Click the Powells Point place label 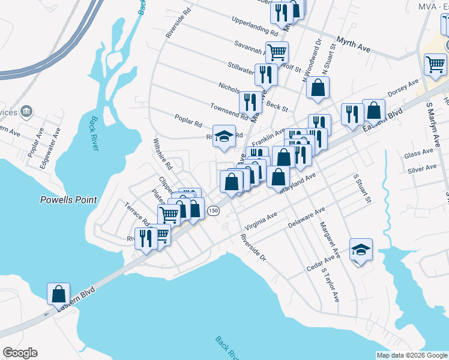[68, 200]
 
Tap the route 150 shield [212, 211]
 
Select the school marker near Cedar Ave [361, 249]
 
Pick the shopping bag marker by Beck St [318, 88]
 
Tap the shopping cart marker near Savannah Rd [277, 53]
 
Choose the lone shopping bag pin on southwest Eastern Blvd [58, 293]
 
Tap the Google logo [20, 353]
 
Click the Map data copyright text [411, 355]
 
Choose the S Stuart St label [363, 188]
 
